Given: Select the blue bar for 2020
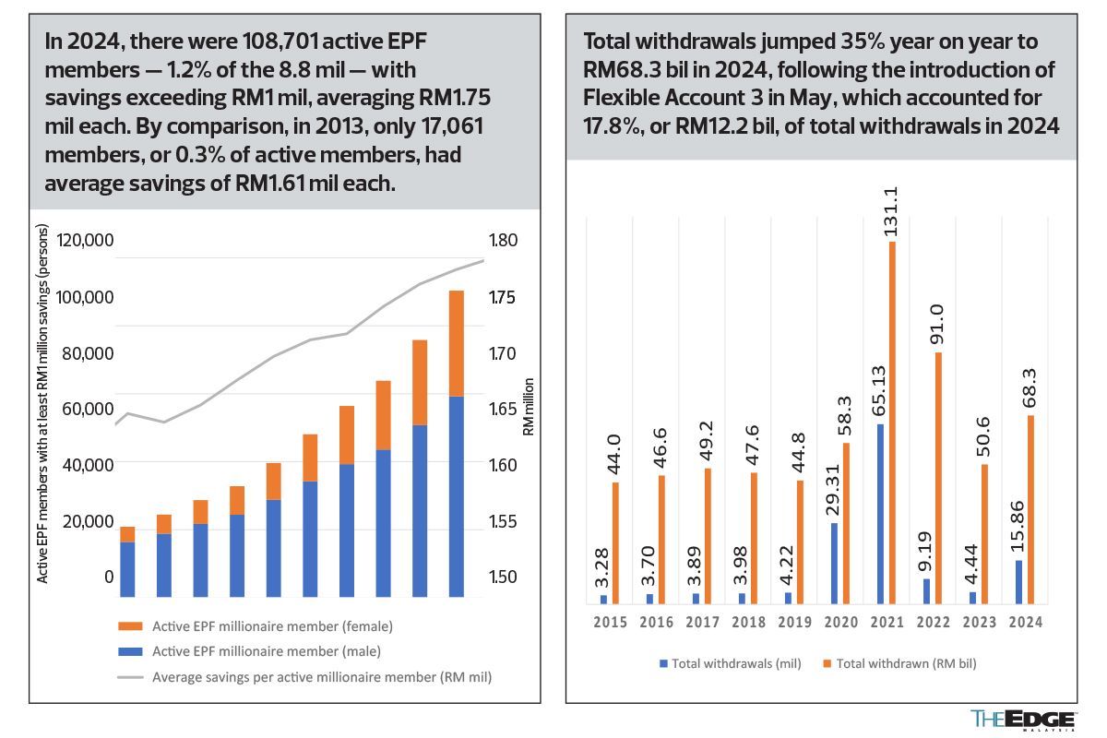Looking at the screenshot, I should [835, 564].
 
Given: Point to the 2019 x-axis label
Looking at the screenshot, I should [794, 623].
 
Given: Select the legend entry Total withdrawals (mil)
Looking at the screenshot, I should [730, 663].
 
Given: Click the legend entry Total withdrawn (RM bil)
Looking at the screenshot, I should [899, 663].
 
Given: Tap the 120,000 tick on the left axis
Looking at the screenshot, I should [85, 241].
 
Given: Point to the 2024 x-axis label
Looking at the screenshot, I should [1025, 623].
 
